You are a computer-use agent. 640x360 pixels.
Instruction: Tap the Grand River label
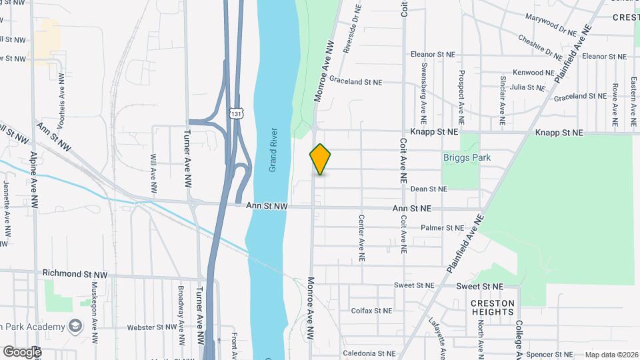click(273, 150)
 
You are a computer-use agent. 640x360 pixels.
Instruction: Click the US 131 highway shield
click(235, 113)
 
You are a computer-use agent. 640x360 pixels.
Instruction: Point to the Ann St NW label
click(267, 207)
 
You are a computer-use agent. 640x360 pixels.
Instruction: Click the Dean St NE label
click(429, 189)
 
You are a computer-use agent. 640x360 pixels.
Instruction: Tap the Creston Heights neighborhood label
click(493, 308)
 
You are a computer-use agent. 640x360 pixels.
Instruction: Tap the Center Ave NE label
click(362, 237)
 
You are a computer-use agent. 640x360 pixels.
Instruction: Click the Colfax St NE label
click(372, 311)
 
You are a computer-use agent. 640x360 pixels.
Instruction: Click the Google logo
click(21, 351)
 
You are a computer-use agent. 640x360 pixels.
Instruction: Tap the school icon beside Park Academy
click(74, 326)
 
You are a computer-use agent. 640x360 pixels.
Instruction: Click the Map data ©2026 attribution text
click(611, 355)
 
